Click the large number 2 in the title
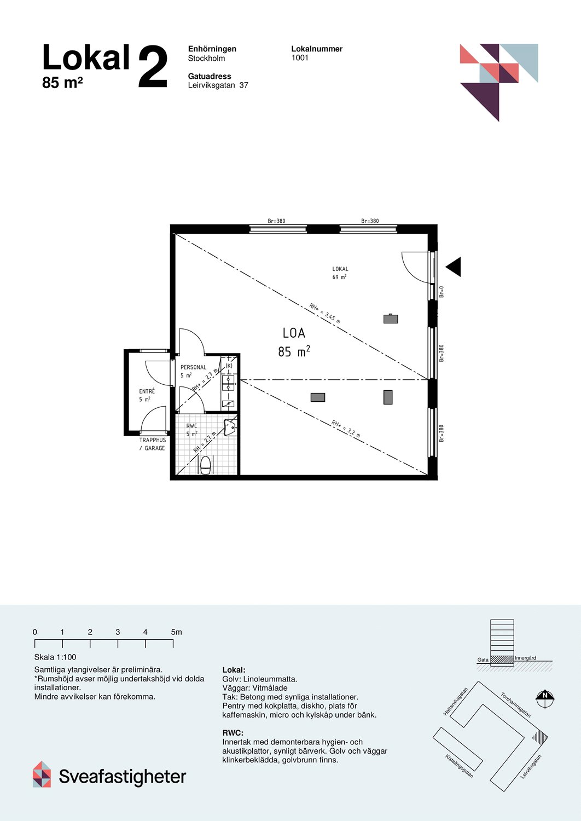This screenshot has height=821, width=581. click(153, 67)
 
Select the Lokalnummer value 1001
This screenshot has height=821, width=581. click(300, 58)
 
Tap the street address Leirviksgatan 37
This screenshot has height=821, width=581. click(218, 85)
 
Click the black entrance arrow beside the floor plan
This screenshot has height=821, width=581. click(454, 267)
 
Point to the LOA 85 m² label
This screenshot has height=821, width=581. click(294, 342)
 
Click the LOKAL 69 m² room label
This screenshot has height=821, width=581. click(340, 273)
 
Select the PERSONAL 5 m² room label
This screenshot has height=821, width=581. click(193, 371)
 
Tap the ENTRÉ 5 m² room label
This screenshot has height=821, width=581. click(147, 395)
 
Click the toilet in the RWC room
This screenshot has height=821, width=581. click(206, 465)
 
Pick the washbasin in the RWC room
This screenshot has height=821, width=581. click(230, 427)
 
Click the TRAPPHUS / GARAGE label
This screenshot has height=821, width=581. click(152, 444)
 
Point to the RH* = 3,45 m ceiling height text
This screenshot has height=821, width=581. click(324, 314)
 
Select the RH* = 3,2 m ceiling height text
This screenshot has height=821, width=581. click(346, 428)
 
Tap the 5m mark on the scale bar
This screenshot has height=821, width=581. click(176, 632)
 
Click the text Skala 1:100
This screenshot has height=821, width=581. click(55, 657)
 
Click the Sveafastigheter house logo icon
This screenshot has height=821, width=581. click(42, 774)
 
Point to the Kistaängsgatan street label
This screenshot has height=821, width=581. click(459, 766)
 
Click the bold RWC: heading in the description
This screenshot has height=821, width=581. click(233, 733)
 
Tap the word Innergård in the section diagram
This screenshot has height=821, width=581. click(525, 658)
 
